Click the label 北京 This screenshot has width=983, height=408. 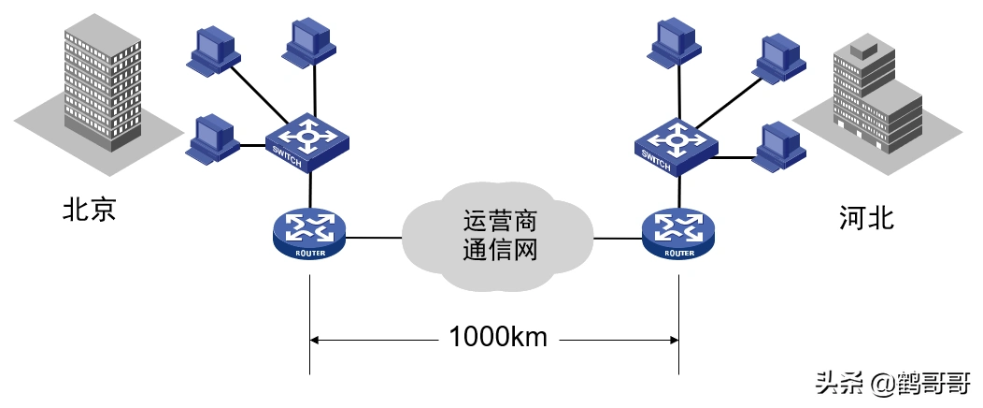coord(89,208)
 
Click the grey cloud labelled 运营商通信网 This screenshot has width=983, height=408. coord(498,236)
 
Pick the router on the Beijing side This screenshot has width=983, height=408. coord(308,231)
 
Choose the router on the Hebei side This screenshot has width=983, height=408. coord(678,231)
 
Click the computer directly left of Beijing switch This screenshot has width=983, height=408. coord(212,138)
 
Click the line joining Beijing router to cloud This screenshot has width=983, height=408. coord(374,237)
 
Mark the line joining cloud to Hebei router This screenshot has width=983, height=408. coord(618,238)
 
